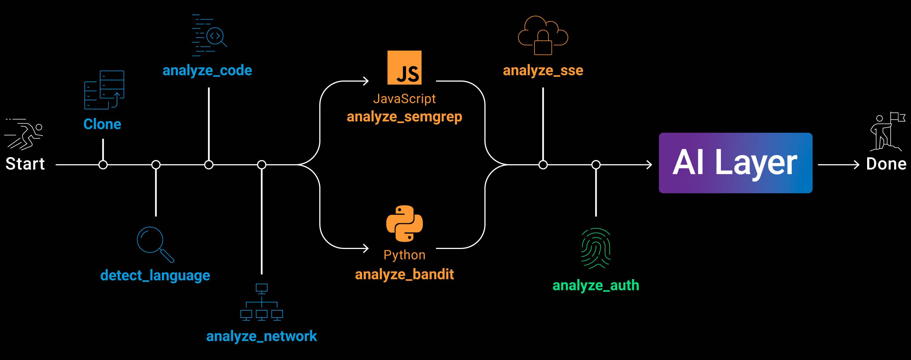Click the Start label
[25, 164]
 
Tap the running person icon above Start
[24, 134]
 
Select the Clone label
[102, 124]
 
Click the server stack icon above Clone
[104, 90]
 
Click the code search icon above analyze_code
[209, 35]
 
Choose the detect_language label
[155, 275]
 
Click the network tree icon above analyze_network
[262, 302]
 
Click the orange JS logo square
[405, 67]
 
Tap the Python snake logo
[405, 223]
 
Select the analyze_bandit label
[405, 274]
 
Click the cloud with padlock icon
[543, 35]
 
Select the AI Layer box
[736, 163]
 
